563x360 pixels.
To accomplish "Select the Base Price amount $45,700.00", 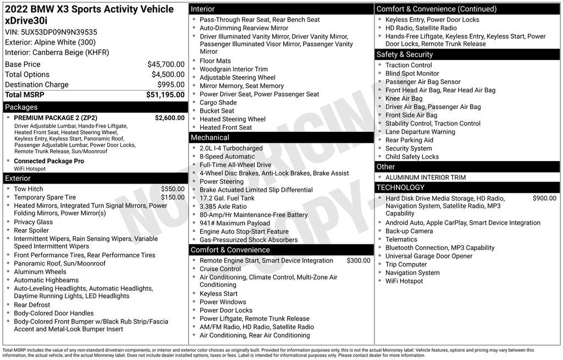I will pos(166,64).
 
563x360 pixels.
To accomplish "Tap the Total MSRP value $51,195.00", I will pos(165,95).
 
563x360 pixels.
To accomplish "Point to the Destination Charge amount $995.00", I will pos(171,85).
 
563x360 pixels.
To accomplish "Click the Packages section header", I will pos(21,107).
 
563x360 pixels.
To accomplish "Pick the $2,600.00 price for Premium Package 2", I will pos(170,118).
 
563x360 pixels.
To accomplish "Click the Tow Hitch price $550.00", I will pos(173,189).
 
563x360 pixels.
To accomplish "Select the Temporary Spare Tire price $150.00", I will pos(173,197).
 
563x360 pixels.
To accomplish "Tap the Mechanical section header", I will pos(210,137).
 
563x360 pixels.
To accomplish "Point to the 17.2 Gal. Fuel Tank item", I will pos(227,198).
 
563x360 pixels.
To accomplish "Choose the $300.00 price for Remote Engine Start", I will pos(358,261).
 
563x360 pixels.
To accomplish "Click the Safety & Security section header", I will pos(405,54).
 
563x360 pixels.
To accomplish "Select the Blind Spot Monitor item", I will pos(412,74).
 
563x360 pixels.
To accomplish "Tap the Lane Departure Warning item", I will pos(420,132).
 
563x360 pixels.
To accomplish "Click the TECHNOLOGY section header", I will pos(400,187).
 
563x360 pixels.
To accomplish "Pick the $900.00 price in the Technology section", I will pos(544,198).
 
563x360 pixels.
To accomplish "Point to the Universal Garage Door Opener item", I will pos(429,256).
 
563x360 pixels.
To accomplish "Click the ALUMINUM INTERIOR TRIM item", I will pos(426,178).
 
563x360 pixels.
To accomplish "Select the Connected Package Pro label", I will pos(49,161).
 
